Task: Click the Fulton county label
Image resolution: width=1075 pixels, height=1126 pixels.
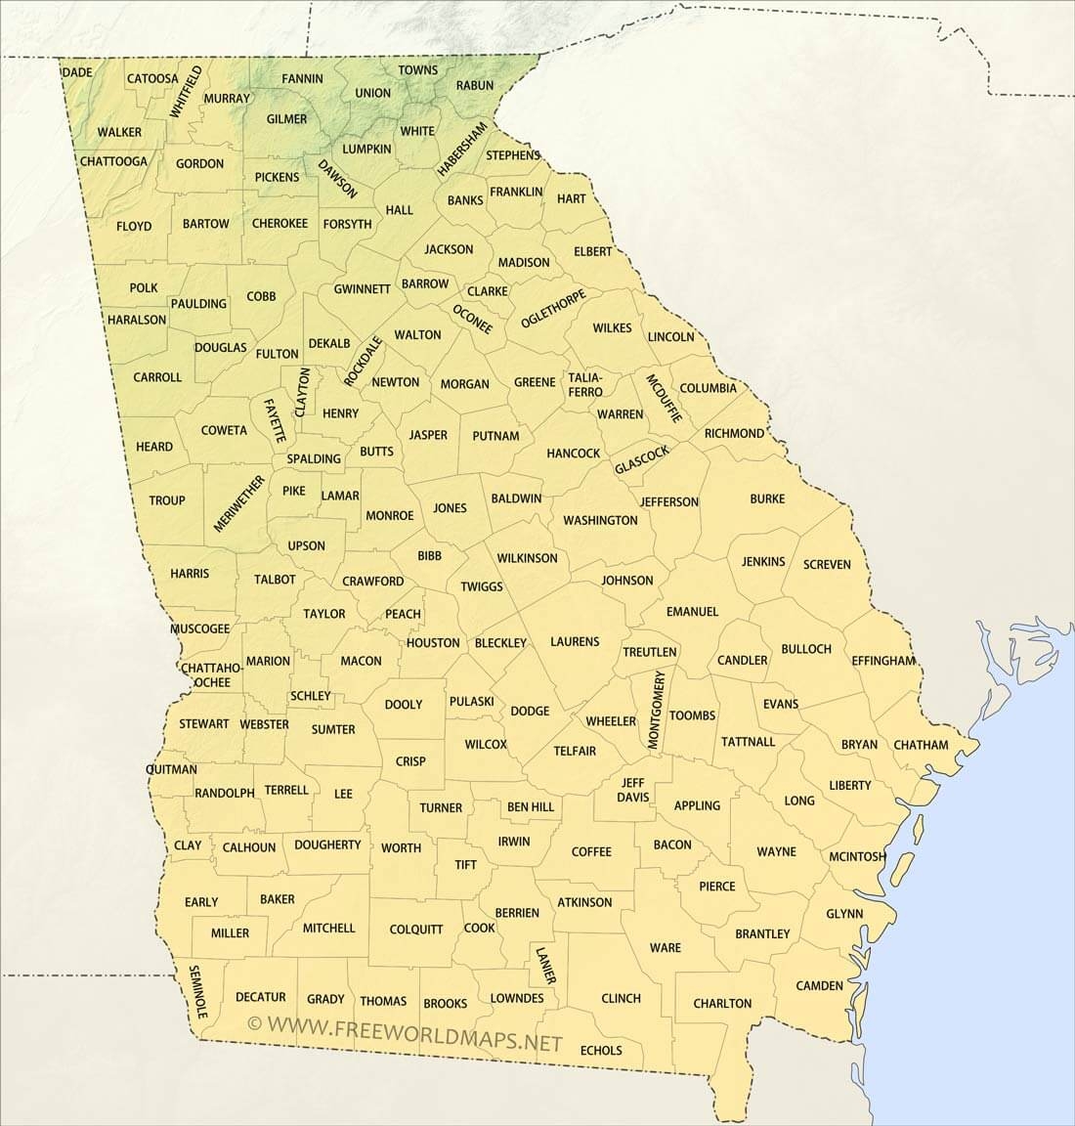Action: coord(277,354)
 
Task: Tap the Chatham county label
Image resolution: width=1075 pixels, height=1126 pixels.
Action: coord(921,745)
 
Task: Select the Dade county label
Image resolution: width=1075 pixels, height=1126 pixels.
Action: coord(76,73)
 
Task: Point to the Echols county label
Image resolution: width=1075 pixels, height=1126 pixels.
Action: coord(601,1051)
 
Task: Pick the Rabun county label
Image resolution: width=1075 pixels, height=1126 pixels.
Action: coord(475,86)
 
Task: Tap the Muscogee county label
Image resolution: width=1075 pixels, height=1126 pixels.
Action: coord(199,628)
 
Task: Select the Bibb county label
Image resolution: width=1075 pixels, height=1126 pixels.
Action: coord(429,555)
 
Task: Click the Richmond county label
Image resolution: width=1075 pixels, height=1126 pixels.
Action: coord(734,433)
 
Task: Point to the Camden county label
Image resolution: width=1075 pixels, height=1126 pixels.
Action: coord(819,985)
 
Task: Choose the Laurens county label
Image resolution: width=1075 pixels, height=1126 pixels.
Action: coord(575,641)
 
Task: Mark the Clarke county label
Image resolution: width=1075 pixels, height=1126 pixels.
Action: coord(487,291)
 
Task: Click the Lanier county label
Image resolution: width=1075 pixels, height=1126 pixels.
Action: coord(546,964)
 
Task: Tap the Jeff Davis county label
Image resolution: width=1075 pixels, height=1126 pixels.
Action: coord(633,790)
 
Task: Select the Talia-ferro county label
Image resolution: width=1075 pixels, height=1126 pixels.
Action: coord(585,384)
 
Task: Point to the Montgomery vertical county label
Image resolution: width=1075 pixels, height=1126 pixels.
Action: coord(657,710)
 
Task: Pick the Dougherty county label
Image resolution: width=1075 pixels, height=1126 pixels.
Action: coord(327,844)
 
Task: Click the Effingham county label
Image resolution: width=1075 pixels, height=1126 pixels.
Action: coord(882,661)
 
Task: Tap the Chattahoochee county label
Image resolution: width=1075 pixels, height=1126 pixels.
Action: coord(205,674)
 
